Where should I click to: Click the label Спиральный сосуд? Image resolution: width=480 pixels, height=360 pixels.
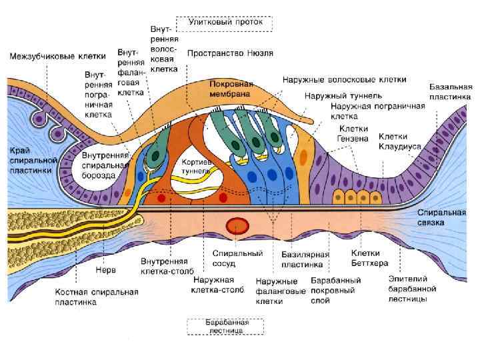pos(237,259)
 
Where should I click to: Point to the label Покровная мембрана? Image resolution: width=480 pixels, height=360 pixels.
pos(231,90)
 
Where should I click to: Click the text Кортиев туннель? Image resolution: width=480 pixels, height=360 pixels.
pos(197,166)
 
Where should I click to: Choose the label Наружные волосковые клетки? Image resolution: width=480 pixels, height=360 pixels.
pos(344,79)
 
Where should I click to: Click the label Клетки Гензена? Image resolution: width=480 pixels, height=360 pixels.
pos(353,133)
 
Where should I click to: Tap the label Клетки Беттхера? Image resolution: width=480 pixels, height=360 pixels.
pos(365,257)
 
